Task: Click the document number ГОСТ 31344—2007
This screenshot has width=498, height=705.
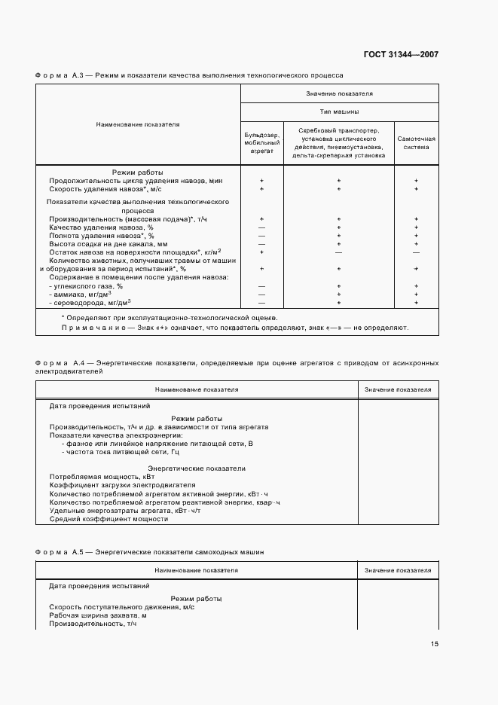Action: (401, 54)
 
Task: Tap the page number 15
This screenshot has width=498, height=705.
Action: (435, 644)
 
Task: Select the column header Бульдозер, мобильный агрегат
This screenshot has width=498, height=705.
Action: (262, 142)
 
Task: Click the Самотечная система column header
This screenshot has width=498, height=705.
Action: (416, 142)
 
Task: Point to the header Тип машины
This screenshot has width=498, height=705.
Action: (339, 111)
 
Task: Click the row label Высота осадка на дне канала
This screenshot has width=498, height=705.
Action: (108, 243)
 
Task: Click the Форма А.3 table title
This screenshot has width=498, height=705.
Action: (188, 75)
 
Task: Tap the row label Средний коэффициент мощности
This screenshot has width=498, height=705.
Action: (108, 519)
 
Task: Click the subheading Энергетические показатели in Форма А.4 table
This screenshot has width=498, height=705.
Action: (196, 468)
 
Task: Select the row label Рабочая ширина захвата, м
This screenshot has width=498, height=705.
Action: (97, 615)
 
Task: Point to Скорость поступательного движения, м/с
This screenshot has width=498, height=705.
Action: (121, 607)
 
